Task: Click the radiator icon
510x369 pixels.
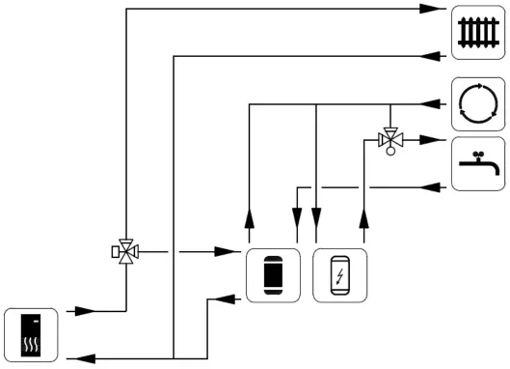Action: pos(477,32)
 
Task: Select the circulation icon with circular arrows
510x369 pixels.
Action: pos(477,103)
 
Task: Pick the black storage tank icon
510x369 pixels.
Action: pos(272,275)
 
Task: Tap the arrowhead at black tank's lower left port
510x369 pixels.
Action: pos(228,299)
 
